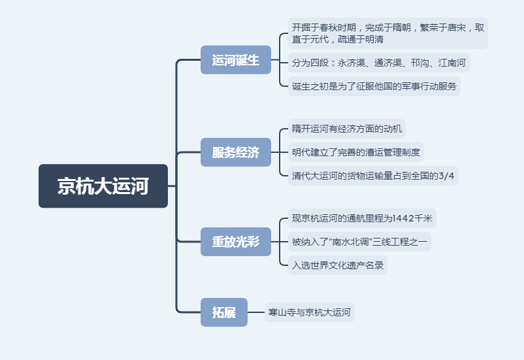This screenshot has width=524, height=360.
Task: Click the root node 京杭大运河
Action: (103, 186)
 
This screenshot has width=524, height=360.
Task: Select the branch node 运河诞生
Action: (235, 60)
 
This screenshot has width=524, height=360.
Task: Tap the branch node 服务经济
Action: (235, 153)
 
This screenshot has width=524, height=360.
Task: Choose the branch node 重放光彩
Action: (235, 241)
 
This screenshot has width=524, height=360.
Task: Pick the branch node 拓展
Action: (223, 312)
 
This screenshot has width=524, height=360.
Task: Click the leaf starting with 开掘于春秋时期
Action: (388, 33)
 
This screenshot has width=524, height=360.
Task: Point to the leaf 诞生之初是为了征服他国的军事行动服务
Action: (374, 86)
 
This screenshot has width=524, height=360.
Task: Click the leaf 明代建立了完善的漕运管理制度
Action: (356, 153)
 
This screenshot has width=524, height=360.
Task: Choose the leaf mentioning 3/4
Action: (373, 175)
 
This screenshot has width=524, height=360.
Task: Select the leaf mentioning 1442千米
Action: (362, 218)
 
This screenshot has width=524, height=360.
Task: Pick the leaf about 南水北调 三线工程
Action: (359, 242)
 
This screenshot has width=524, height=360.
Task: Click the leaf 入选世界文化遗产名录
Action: (338, 265)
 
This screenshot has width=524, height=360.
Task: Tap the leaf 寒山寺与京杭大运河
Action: (310, 312)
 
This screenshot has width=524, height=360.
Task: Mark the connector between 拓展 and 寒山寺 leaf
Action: (256, 312)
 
